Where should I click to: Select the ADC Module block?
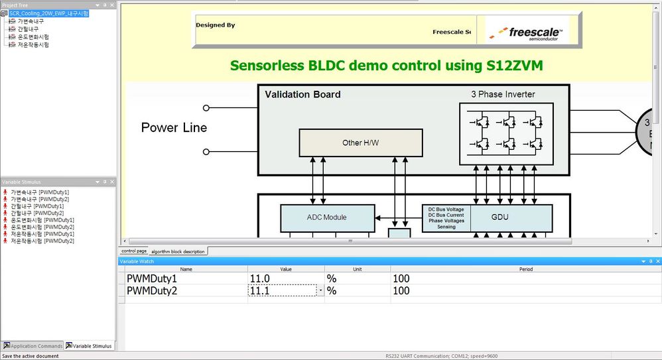[x=326, y=217]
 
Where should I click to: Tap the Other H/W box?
[x=360, y=143]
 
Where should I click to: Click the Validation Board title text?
[x=302, y=94]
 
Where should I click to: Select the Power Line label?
[x=174, y=128]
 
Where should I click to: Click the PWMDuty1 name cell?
[x=153, y=279]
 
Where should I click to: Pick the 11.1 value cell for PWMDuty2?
[x=283, y=290]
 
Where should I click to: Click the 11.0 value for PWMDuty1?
[x=261, y=279]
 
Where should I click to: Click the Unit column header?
[x=357, y=269]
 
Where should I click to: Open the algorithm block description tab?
[x=178, y=251]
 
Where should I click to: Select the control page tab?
[x=134, y=251]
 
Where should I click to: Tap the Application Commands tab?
[x=33, y=346]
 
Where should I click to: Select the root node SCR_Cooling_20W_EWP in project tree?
[x=48, y=13]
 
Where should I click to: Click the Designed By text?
[x=215, y=25]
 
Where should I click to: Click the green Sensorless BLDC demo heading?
[x=391, y=65]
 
